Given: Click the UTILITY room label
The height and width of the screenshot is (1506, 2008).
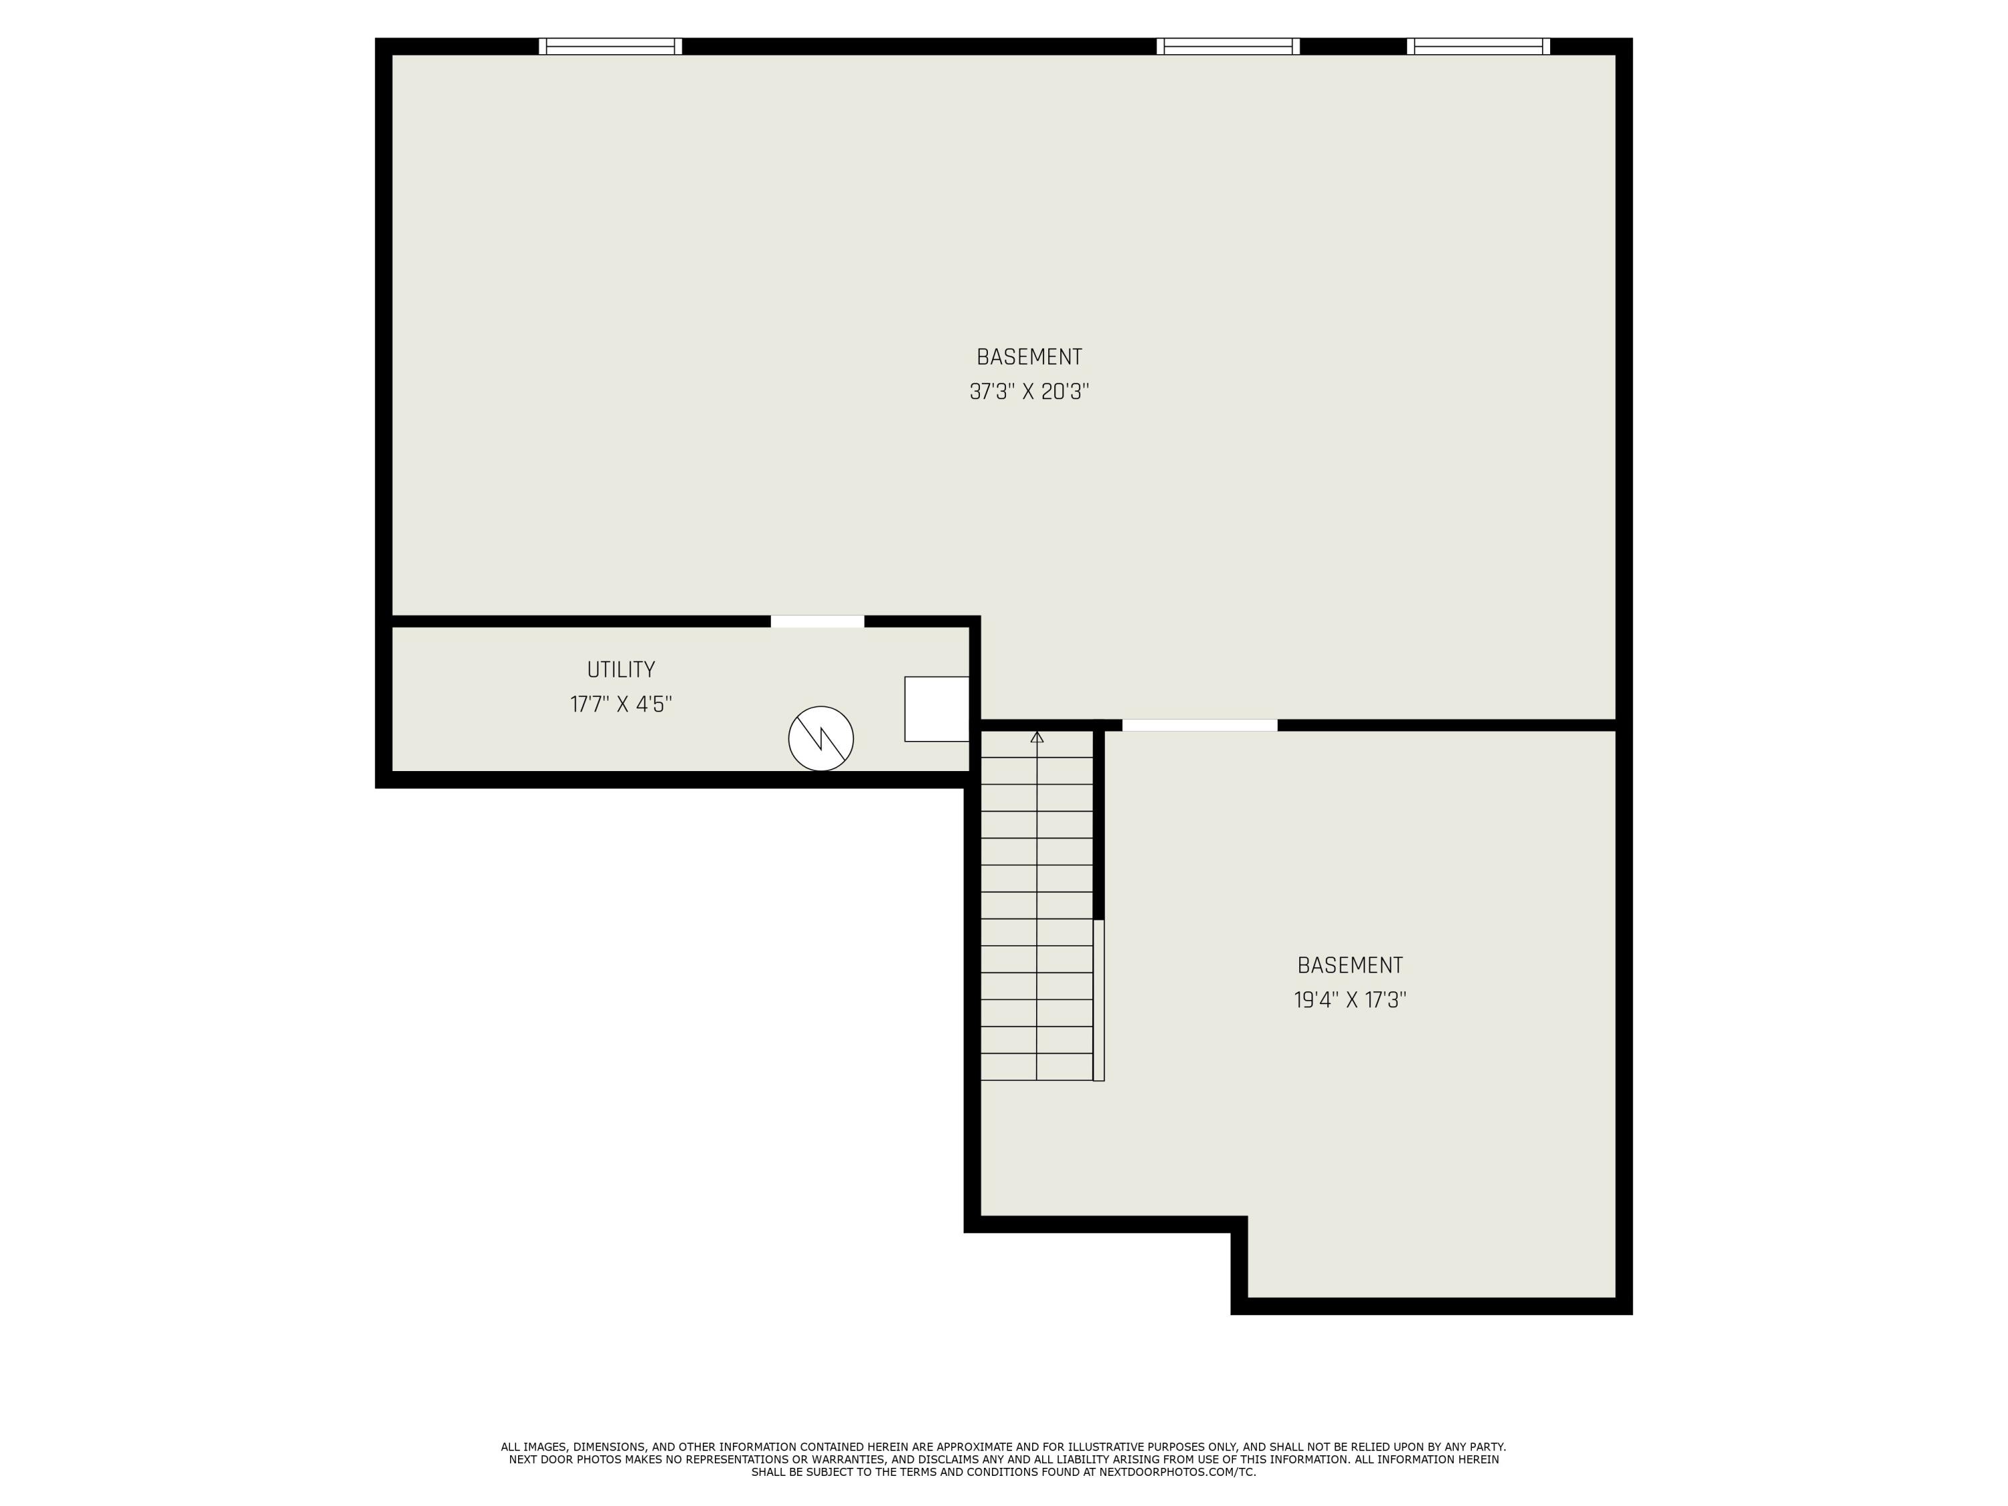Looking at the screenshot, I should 621,670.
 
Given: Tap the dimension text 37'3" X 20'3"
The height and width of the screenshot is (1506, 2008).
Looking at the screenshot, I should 1029,392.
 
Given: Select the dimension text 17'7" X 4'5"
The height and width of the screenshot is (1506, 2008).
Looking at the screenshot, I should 621,704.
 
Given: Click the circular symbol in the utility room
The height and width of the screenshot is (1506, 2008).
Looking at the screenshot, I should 821,739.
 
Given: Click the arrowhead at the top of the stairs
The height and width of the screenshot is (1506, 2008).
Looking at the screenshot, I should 1037,737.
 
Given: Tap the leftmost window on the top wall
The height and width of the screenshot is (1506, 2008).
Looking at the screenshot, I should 610,46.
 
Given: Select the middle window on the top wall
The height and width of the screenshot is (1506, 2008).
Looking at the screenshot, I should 1228,46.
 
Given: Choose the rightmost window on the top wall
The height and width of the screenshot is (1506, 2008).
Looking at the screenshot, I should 1479,46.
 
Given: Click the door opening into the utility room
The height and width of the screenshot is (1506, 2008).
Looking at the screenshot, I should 817,622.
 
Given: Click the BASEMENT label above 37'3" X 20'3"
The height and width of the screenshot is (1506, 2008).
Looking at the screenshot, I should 1029,357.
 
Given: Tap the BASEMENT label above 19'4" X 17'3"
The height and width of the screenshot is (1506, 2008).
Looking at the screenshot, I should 1350,966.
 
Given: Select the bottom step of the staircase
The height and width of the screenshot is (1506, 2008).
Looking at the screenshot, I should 1037,1068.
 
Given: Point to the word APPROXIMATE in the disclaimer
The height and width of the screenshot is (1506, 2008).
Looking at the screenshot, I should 973,1447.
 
